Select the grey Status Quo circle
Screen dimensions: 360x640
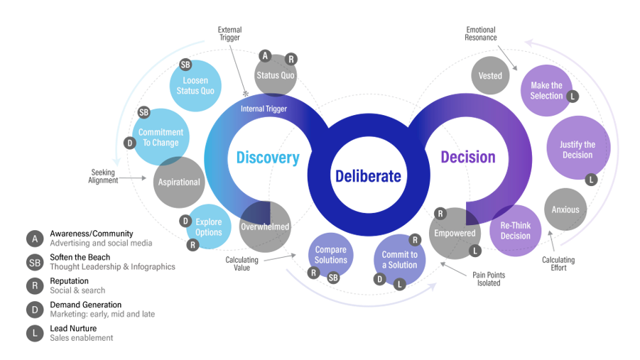(x=275, y=75)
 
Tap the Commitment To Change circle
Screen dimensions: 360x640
(x=161, y=136)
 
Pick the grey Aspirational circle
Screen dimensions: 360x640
(x=179, y=182)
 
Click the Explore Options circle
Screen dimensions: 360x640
(x=208, y=227)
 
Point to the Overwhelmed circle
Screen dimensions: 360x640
(x=264, y=227)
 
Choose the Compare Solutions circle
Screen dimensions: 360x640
(x=330, y=254)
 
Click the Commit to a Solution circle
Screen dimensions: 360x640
(x=399, y=259)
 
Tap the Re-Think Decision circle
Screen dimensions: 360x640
(x=516, y=231)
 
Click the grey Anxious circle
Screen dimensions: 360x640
(x=565, y=209)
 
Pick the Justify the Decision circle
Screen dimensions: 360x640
(x=577, y=150)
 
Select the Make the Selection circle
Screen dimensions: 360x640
(x=547, y=91)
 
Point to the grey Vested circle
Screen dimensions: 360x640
(x=490, y=75)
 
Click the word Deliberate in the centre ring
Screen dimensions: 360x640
(x=368, y=176)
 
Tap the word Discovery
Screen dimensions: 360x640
(x=268, y=158)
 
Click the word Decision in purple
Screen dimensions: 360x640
(x=467, y=157)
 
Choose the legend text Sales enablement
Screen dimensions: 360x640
(x=81, y=337)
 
